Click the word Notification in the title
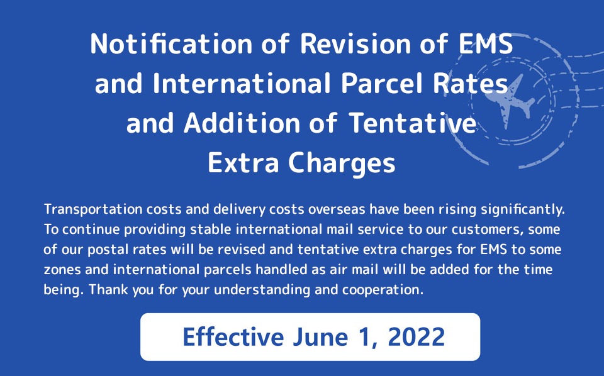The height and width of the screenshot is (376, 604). tap(171, 43)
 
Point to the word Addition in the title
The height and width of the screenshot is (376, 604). tap(242, 123)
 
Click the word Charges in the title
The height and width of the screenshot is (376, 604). tap(342, 163)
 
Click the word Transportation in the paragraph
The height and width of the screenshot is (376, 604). tap(93, 210)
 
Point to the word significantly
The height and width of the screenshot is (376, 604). tap(523, 210)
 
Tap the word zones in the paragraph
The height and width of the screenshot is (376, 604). tap(62, 270)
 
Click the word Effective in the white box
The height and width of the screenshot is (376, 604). tap(233, 337)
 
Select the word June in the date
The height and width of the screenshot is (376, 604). tap(320, 337)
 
